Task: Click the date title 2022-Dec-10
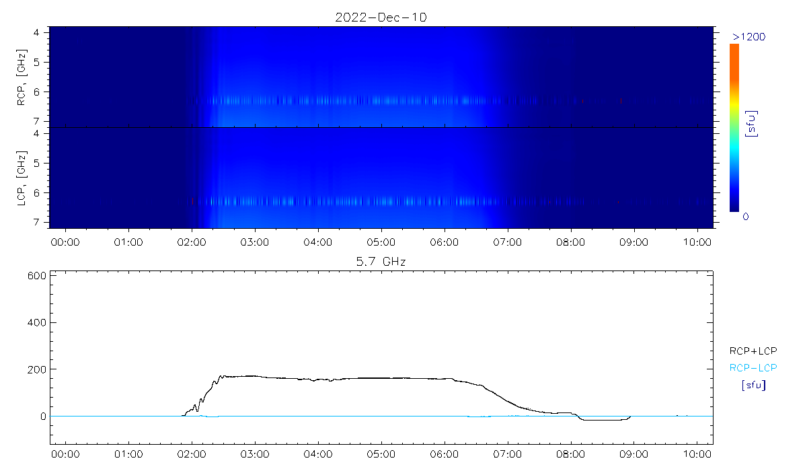tap(381, 17)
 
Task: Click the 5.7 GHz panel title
tap(381, 260)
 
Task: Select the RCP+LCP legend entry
tap(753, 351)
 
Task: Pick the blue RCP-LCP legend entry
tap(753, 368)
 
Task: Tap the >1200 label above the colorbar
tap(748, 36)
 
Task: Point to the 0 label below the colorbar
tap(746, 217)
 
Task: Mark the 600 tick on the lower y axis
tap(36, 275)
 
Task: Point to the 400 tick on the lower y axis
tap(36, 322)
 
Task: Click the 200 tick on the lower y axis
tap(36, 369)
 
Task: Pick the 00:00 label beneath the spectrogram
tap(66, 240)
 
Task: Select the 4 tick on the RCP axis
tap(44, 32)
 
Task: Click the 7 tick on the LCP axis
tap(44, 222)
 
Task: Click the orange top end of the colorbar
tap(734, 48)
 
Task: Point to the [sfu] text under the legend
tap(753, 386)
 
